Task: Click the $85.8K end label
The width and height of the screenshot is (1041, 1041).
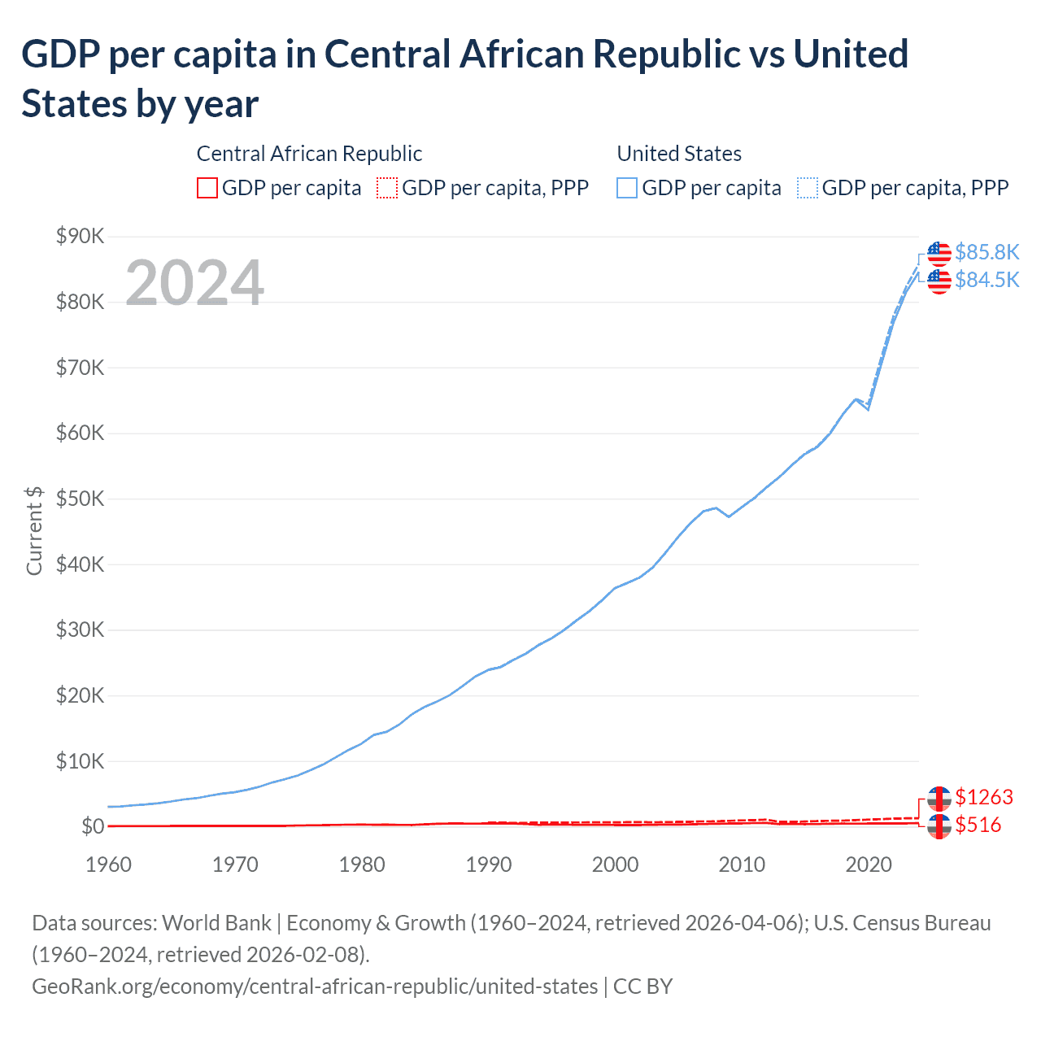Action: (x=987, y=252)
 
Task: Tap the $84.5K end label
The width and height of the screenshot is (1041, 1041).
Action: (x=987, y=280)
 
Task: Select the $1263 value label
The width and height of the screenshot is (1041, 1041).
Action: (x=984, y=797)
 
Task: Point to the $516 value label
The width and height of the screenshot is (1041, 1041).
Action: (x=978, y=825)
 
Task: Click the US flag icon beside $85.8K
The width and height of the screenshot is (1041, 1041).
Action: (x=939, y=253)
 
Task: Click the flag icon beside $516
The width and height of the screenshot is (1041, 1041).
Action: (x=939, y=825)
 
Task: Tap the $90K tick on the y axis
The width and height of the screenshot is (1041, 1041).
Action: (x=81, y=237)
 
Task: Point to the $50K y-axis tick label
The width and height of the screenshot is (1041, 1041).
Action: (x=81, y=499)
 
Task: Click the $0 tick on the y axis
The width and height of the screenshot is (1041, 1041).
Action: (x=93, y=826)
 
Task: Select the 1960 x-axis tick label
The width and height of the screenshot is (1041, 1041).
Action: (x=108, y=864)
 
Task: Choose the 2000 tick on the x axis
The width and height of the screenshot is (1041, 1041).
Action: (x=615, y=864)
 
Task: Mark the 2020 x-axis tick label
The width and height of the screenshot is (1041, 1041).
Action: (x=869, y=864)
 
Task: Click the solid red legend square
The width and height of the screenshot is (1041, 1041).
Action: (x=207, y=188)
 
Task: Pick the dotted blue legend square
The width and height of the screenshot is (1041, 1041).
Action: (x=808, y=188)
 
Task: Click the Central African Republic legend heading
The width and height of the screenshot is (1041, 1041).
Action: (x=309, y=154)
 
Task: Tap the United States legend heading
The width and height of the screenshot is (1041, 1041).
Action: (x=679, y=154)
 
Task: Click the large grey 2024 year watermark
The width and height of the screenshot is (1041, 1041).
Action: (x=194, y=283)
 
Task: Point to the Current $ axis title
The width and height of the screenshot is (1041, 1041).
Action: (x=34, y=531)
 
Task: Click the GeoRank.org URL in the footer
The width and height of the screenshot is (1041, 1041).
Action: (x=314, y=987)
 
